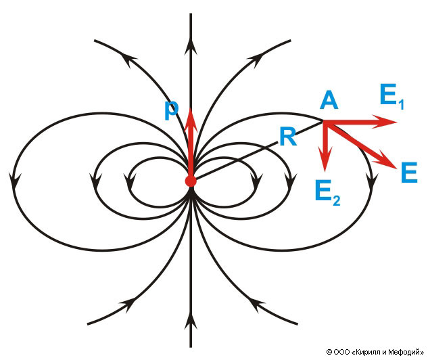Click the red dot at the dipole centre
click(x=191, y=181)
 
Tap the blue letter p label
click(x=172, y=108)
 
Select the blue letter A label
click(x=329, y=101)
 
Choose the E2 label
click(x=327, y=192)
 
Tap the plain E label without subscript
click(x=408, y=173)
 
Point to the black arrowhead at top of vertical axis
click(x=191, y=45)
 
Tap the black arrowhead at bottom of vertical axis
click(x=191, y=317)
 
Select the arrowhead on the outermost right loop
click(x=371, y=180)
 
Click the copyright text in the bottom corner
click(x=375, y=352)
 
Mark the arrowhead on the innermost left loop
click(x=128, y=180)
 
